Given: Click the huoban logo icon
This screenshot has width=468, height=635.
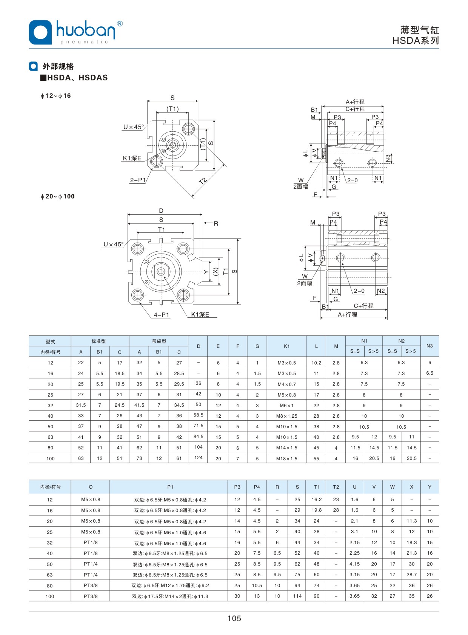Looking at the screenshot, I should click(40, 32).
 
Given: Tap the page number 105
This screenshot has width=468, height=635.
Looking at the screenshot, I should click(234, 618).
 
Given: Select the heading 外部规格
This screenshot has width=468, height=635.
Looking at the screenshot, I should click(58, 66).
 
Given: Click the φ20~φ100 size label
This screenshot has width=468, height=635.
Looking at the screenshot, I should click(58, 196).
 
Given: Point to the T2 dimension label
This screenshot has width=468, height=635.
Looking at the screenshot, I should click(203, 181).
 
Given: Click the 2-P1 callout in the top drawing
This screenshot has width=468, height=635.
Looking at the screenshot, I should click(138, 180).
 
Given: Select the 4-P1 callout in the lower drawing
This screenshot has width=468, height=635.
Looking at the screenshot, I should click(162, 315).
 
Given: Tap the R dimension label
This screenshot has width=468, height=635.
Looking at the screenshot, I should click(216, 223).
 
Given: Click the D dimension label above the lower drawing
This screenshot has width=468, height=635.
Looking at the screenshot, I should click(161, 211).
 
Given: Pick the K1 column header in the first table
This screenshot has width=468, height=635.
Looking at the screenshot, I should click(287, 346).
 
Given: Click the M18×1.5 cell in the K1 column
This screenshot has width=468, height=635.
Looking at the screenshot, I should click(287, 458).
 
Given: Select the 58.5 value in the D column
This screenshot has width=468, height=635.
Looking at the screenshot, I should click(199, 415).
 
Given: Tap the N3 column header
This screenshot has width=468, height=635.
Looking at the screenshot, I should click(430, 346).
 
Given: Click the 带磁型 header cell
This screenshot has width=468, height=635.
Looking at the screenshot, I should click(159, 341).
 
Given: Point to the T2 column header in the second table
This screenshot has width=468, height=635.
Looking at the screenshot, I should click(336, 487).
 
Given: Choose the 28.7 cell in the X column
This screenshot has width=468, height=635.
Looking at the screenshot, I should click(411, 574).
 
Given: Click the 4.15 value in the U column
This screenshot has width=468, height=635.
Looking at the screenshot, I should click(354, 564).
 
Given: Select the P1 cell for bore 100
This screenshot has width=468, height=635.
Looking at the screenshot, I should click(170, 596).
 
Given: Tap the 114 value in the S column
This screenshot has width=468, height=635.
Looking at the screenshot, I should click(297, 596).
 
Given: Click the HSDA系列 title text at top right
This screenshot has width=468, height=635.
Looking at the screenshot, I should click(416, 40).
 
